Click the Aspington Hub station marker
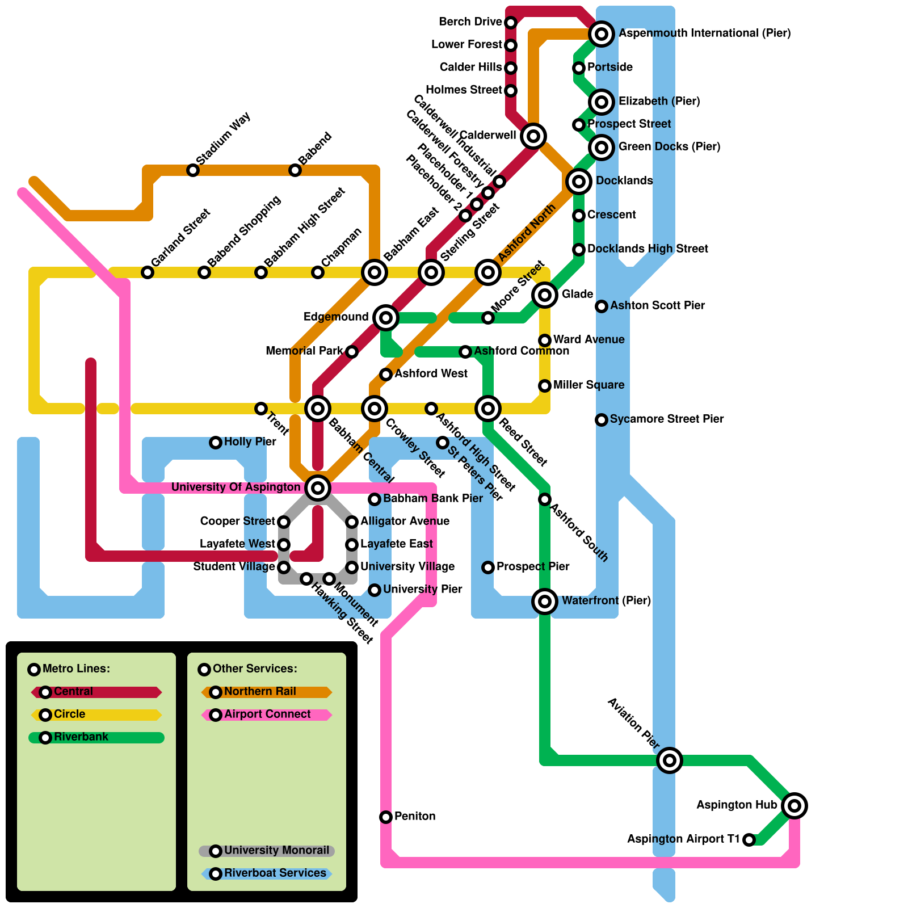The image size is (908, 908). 794,805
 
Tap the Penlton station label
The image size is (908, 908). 415,817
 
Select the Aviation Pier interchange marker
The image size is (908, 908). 670,760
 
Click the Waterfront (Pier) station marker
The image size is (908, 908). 545,601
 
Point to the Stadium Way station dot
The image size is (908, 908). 193,170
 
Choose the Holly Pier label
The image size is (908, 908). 250,442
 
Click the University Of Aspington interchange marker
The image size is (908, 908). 318,487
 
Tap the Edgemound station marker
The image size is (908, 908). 386,317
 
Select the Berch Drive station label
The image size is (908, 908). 470,22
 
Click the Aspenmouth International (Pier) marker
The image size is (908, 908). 602,34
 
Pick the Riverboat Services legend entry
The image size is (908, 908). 275,873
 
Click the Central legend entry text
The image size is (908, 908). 73,692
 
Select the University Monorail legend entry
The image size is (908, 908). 276,851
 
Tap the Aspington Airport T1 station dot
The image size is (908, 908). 749,840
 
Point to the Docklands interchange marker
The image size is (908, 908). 579,182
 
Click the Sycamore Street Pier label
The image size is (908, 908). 666,419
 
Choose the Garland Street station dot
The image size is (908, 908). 148,272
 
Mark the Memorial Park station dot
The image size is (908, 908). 352,352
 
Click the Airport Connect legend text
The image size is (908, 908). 267,714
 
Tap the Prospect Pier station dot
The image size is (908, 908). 488,567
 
